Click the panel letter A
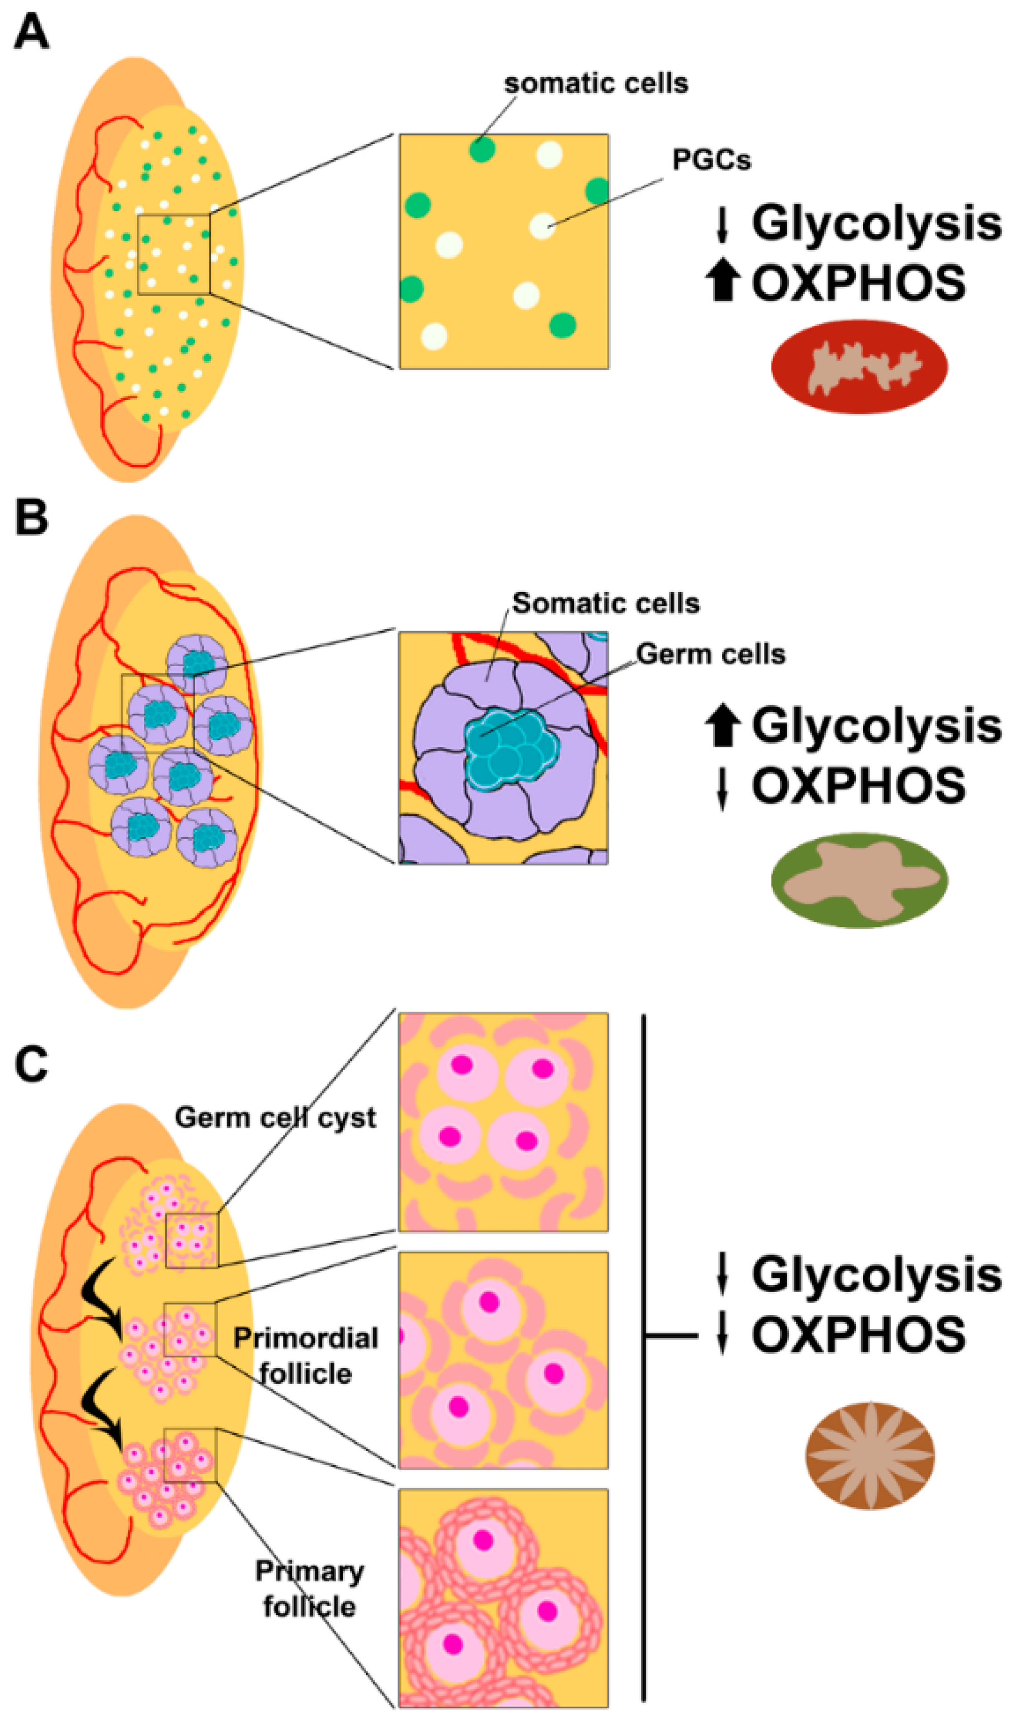[x=31, y=32]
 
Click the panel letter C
[x=31, y=1065]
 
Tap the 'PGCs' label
[x=711, y=160]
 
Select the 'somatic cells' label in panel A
[x=596, y=83]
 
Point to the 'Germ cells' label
[x=710, y=653]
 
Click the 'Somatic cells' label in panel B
[x=605, y=603]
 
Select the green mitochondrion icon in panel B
[x=859, y=880]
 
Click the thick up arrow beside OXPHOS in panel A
[x=722, y=283]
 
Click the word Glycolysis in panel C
[x=876, y=1275]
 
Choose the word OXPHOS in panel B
[x=858, y=786]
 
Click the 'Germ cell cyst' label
[x=275, y=1117]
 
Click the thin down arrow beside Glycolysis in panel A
[x=722, y=225]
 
